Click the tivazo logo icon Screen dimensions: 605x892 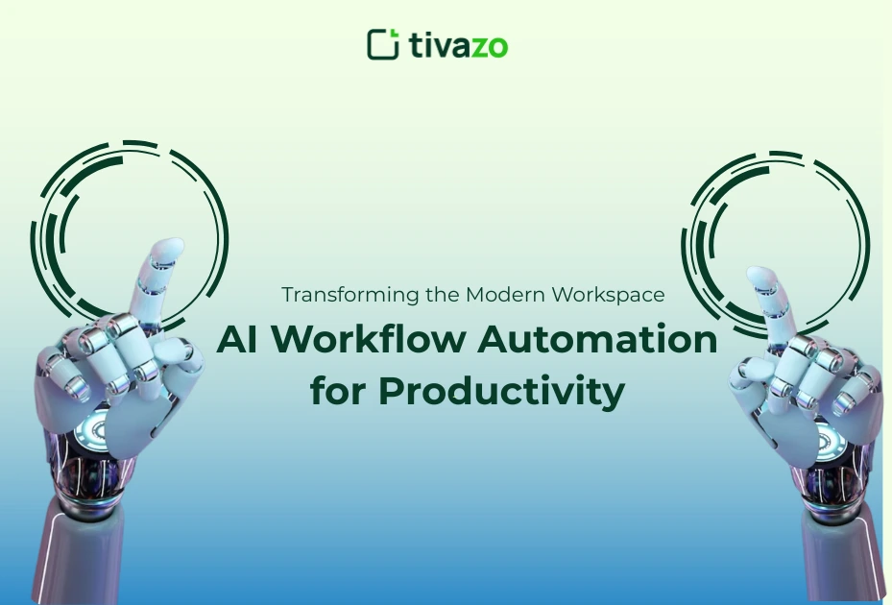[x=382, y=44]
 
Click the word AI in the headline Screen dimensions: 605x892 [x=236, y=341]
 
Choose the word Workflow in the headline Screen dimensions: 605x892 [x=364, y=341]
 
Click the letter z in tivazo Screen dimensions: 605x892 [x=476, y=45]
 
